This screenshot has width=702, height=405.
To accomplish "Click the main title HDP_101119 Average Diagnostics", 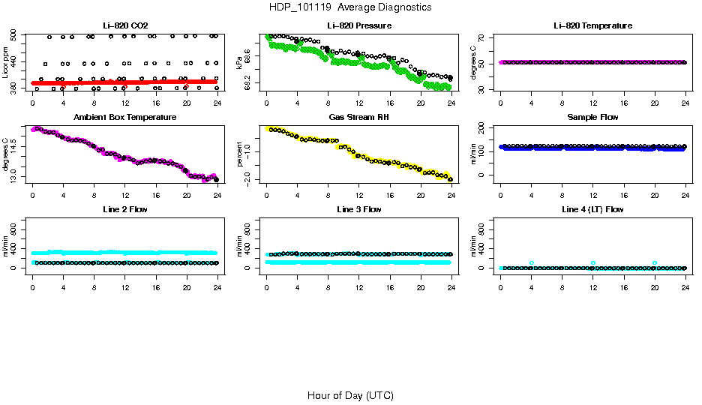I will coord(350,7).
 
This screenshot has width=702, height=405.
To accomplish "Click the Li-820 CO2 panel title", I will coord(124,25).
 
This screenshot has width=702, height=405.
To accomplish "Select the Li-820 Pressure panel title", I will coord(358,25).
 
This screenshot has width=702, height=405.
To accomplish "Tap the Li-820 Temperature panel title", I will coord(592,25).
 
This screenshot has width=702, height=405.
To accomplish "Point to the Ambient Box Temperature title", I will coord(124,118).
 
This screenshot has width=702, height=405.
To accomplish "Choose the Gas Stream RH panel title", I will coord(358,118).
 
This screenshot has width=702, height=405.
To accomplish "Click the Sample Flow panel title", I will coord(592,118).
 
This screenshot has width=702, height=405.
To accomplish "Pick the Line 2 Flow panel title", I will coord(124,209).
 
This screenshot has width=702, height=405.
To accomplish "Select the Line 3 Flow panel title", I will coord(358,209).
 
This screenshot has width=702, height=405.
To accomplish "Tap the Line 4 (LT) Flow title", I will coord(592,209).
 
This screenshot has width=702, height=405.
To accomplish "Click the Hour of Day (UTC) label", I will coord(350,395).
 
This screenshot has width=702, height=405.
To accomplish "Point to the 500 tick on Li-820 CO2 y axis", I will coord(14,36).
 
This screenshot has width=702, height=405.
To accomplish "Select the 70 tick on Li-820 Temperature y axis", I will coord(482,37).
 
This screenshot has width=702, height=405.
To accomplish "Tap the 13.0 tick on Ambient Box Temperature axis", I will coord(14,177).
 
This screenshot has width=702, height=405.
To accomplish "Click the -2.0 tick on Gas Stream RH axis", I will coord(248,178).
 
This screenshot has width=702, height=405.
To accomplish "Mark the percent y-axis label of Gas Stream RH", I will coord(239,154).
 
